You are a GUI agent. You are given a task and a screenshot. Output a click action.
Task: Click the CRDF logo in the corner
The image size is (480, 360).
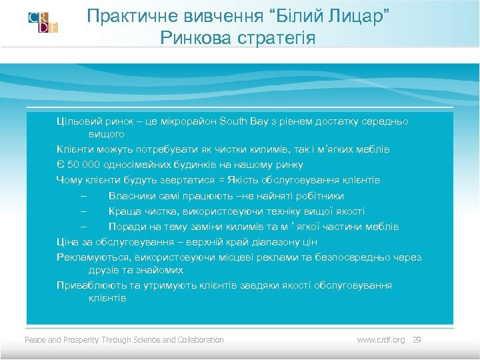pos(43,22)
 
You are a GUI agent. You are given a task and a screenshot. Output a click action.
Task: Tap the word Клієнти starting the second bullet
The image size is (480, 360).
pos(75,150)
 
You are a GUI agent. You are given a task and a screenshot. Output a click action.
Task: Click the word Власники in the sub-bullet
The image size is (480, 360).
pos(131,196)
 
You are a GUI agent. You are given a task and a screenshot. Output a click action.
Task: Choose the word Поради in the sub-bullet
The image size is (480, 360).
pos(126,227)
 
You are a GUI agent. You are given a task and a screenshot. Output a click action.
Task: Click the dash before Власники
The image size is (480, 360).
pos(82,196)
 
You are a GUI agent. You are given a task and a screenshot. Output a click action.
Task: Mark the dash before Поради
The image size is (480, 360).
pos(82,227)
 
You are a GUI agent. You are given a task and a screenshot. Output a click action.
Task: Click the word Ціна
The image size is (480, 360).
pos(67,241)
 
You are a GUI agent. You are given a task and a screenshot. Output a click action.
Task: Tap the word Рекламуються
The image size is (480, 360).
pos(94,257)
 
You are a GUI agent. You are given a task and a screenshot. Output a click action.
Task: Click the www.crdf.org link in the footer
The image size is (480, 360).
pos(381,340)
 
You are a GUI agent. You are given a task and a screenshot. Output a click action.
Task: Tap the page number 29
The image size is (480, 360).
pos(417,340)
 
